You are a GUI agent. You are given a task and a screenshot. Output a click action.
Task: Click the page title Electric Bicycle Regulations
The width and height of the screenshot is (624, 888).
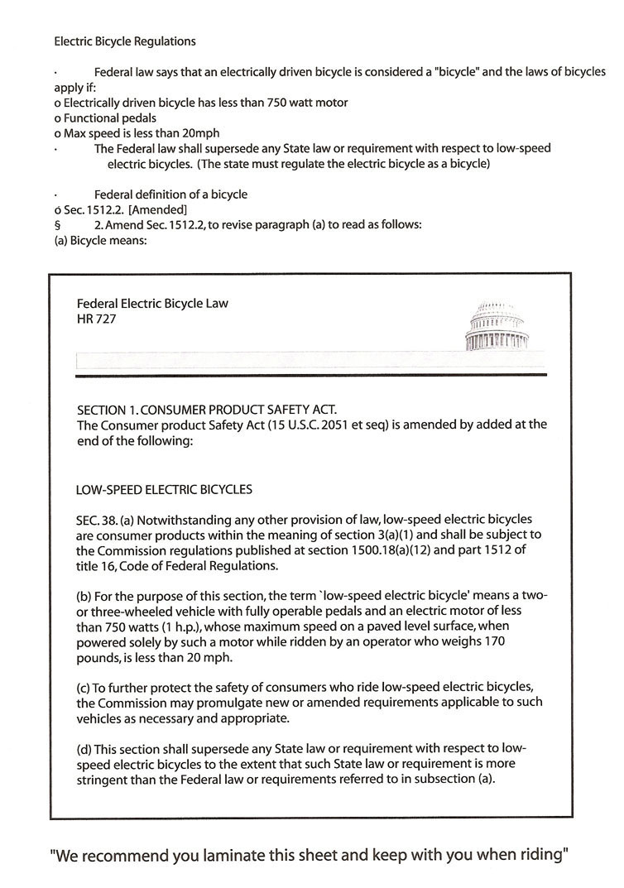click(x=125, y=41)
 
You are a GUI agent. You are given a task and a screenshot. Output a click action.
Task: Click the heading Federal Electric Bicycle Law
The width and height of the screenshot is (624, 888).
click(x=151, y=303)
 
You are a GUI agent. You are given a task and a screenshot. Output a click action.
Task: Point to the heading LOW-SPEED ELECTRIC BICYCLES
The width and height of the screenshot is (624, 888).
click(x=164, y=489)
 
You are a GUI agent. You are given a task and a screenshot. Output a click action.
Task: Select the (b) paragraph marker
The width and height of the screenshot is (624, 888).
click(x=83, y=597)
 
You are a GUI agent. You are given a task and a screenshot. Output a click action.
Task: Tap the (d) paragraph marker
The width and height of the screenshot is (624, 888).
click(x=83, y=749)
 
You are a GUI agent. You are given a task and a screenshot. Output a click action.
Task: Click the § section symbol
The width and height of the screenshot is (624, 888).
click(x=56, y=225)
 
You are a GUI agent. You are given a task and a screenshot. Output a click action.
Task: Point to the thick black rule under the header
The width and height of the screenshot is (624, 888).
click(x=310, y=376)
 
